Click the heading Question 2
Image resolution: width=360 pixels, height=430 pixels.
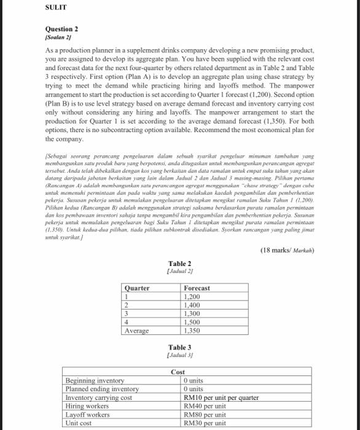62,29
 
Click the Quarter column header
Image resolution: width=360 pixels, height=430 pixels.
137,287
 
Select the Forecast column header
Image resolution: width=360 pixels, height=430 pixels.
197,287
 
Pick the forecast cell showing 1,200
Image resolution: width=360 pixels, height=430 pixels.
193,296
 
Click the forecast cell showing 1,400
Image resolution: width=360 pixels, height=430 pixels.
193,305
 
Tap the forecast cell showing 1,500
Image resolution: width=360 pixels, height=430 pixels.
193,321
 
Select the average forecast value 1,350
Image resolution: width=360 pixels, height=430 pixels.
193,330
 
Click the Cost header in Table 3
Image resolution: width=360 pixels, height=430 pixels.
178,372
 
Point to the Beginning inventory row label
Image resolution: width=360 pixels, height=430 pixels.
95,381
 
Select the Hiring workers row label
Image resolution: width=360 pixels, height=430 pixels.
89,406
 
